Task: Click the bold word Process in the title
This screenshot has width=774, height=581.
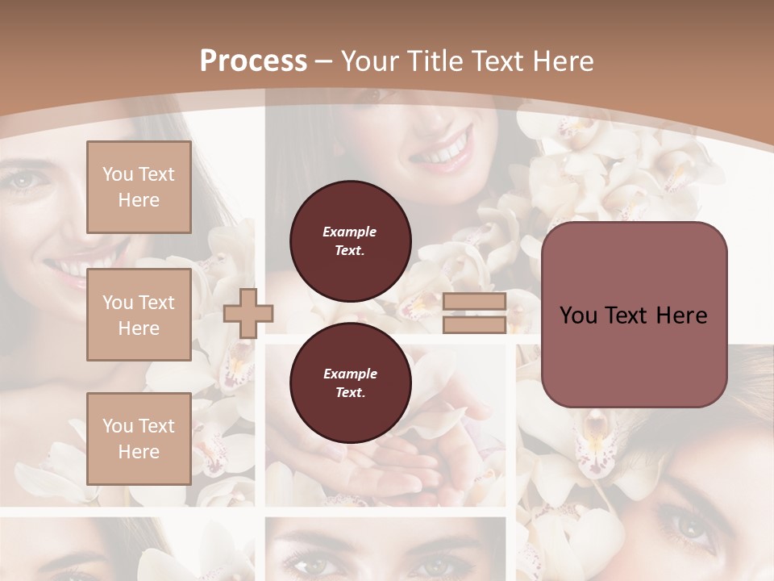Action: click(253, 61)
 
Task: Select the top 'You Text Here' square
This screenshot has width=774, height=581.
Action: click(139, 187)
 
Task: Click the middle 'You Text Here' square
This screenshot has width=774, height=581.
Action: click(139, 315)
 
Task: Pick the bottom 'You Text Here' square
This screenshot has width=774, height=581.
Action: click(139, 439)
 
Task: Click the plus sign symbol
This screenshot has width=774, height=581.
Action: click(248, 313)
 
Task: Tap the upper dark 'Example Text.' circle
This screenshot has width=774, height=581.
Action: click(350, 241)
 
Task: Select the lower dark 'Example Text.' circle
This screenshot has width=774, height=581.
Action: click(350, 383)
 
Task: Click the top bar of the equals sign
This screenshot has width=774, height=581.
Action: click(474, 302)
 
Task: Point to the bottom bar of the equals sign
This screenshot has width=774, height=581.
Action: click(474, 325)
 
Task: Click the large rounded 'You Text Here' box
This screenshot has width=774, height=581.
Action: click(634, 315)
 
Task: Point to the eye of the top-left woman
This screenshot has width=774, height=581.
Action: click(22, 179)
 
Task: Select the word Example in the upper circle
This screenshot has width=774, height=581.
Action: click(350, 232)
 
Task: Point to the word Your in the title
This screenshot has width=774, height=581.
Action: click(368, 61)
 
